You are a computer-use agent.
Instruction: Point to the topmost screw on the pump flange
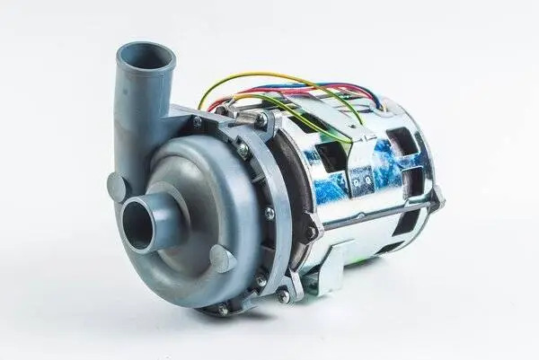coord(261,118)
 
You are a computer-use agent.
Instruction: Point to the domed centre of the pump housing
coord(193,193)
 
